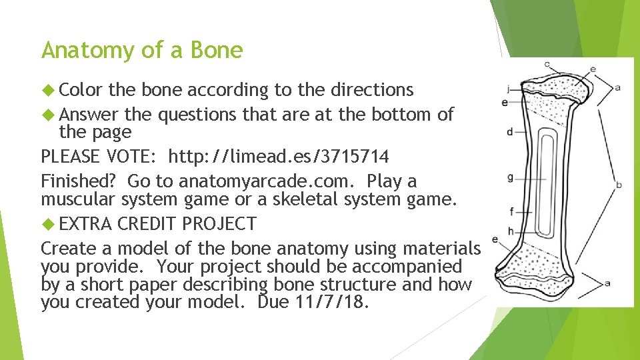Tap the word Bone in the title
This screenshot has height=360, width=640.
pyautogui.click(x=217, y=50)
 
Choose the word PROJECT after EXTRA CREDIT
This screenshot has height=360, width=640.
pyautogui.click(x=219, y=223)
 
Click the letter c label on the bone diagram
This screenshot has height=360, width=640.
pyautogui.click(x=547, y=65)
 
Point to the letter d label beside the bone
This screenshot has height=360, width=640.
pyautogui.click(x=510, y=132)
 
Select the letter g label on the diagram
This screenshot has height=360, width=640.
pyautogui.click(x=510, y=177)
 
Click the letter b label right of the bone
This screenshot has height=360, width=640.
pyautogui.click(x=619, y=184)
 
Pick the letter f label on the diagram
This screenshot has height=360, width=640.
pyautogui.click(x=511, y=212)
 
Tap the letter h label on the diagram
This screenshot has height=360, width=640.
pyautogui.click(x=511, y=230)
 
